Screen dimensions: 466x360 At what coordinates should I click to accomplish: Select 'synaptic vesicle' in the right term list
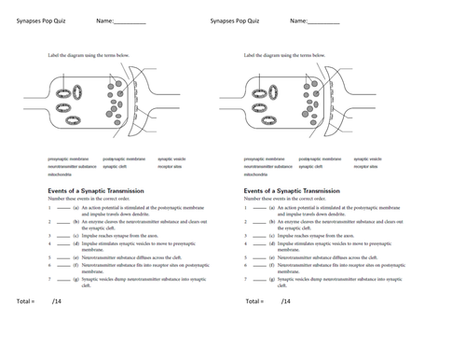point(367,159)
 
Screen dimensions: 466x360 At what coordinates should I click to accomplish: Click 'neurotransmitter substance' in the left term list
point(74,166)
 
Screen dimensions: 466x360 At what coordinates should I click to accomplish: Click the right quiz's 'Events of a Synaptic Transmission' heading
point(298,187)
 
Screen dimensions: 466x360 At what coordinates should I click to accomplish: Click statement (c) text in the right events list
point(317,236)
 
